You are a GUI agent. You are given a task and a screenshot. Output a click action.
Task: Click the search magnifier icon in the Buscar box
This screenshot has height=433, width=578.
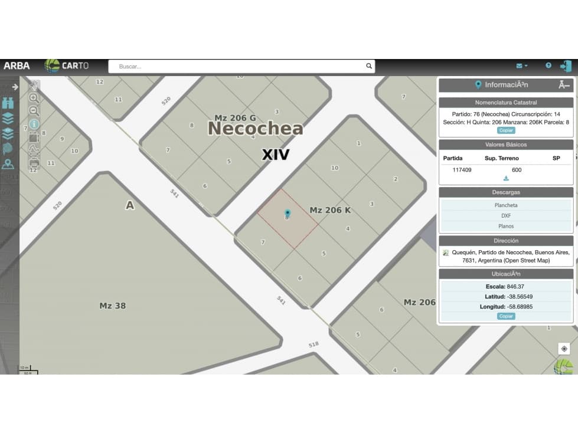point(369,66)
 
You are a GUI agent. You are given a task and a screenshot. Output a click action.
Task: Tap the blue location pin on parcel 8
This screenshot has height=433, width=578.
point(288,213)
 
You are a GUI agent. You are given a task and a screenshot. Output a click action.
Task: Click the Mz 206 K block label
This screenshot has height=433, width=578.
point(330,210)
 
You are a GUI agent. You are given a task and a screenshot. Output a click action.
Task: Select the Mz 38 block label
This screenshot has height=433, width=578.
point(112,306)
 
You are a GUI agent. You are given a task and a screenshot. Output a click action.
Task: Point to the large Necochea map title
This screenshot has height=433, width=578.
point(255,128)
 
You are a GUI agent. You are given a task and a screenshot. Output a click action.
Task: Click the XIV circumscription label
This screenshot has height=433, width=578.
point(276,155)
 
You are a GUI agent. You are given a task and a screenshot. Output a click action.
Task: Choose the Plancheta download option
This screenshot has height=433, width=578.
point(506,205)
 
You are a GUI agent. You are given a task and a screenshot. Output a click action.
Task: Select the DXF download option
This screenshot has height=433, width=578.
point(506,216)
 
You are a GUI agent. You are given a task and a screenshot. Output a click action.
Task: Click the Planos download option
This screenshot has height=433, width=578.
point(506,227)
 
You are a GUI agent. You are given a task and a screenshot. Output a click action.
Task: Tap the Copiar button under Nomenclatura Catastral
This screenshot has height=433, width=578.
point(506,130)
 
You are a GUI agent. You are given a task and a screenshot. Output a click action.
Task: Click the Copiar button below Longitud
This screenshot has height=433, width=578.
point(506,316)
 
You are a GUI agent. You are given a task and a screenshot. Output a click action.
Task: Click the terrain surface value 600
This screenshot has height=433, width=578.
point(517,170)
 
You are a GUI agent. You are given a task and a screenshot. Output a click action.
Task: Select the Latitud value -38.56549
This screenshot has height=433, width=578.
point(520,297)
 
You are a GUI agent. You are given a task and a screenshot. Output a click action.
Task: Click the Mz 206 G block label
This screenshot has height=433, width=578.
point(235,118)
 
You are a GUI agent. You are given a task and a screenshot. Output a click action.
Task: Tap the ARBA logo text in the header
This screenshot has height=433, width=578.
point(17,66)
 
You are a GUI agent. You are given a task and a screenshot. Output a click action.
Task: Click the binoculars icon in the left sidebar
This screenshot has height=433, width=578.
point(8,103)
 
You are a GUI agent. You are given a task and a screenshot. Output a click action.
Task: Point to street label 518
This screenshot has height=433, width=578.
point(314,344)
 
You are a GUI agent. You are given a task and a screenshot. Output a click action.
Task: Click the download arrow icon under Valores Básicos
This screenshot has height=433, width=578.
point(506,178)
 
